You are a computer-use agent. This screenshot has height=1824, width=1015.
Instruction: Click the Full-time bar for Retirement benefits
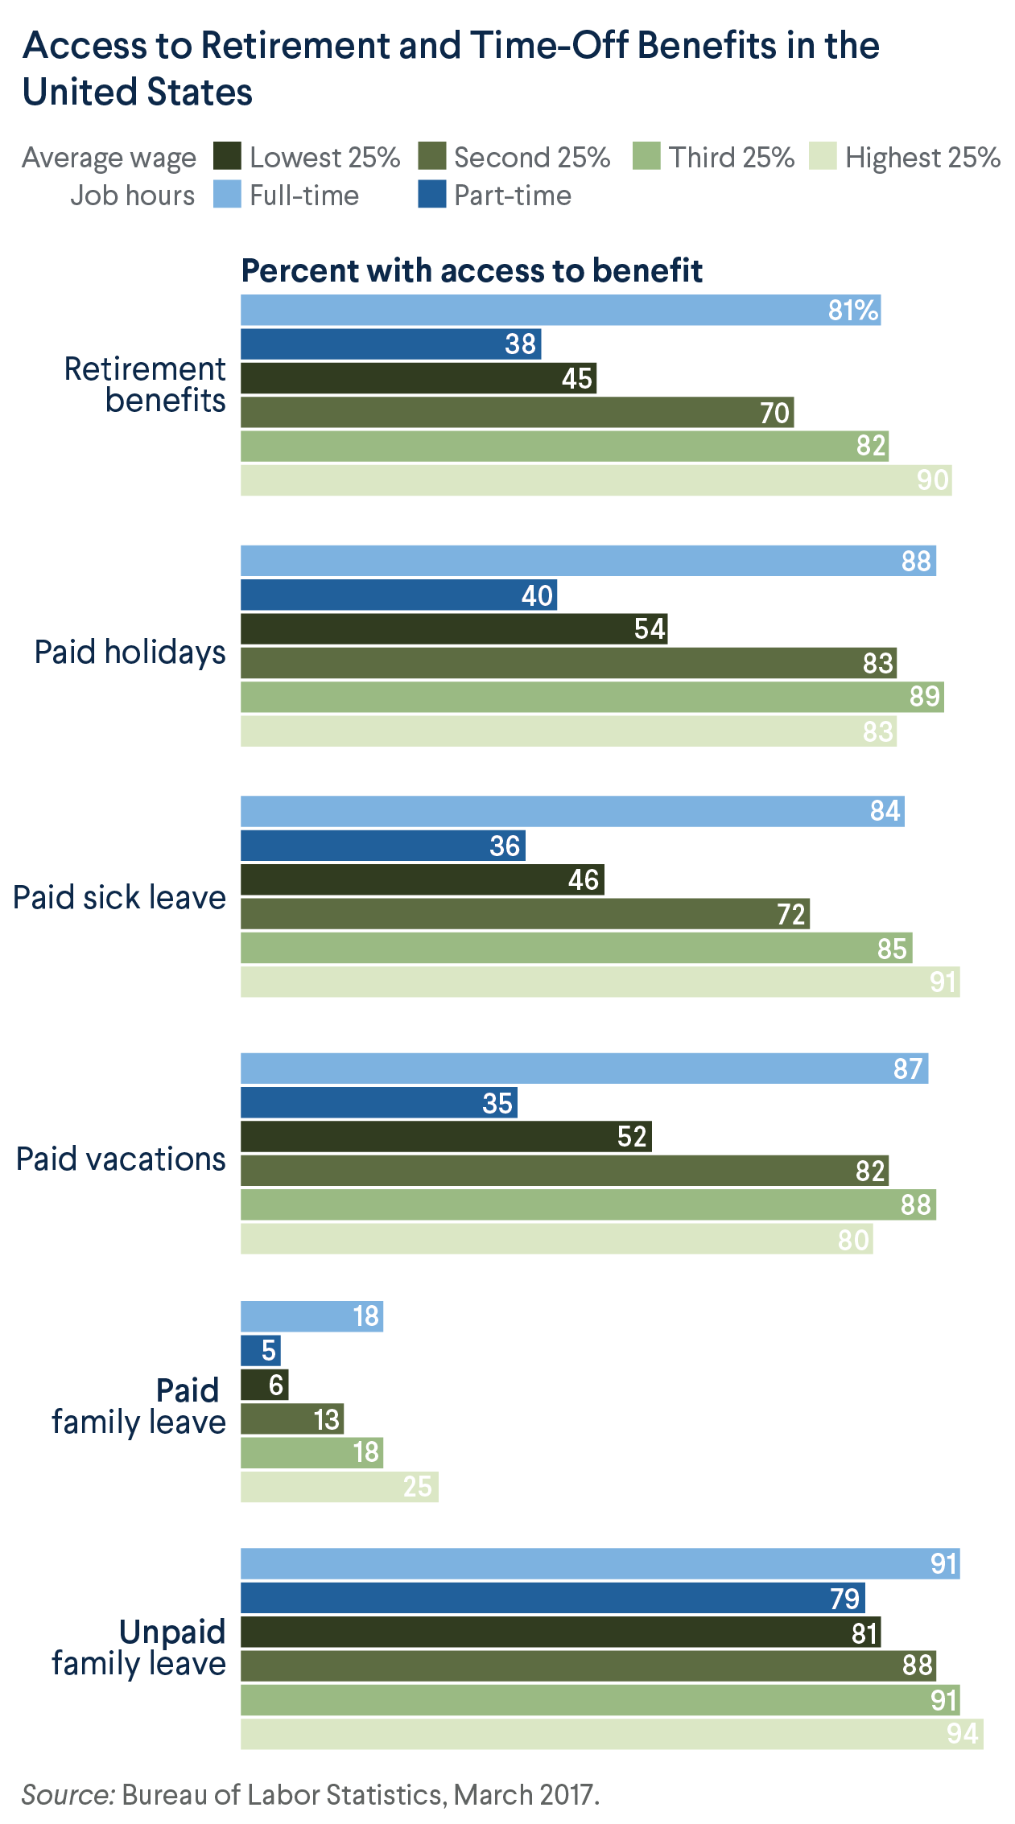click(x=560, y=310)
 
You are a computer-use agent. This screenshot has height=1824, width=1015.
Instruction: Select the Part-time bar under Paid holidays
click(x=398, y=595)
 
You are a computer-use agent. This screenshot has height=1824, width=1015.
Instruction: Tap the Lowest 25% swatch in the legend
click(x=227, y=156)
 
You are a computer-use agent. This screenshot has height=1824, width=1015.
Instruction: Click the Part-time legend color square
click(x=431, y=195)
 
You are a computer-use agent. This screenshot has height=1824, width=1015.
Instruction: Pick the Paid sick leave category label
click(x=119, y=897)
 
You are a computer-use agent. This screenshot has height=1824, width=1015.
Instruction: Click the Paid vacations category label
click(x=121, y=1159)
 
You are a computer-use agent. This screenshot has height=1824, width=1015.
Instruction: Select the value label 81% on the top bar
click(x=852, y=310)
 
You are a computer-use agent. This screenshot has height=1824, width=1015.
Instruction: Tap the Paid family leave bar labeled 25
click(x=339, y=1487)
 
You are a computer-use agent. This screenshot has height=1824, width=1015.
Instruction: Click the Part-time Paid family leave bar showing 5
click(x=261, y=1350)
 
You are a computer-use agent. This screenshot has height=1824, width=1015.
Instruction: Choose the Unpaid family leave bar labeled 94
click(x=612, y=1734)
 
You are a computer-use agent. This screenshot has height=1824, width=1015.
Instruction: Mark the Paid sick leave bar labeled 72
click(x=525, y=914)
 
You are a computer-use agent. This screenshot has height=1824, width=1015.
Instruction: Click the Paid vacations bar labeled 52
click(x=446, y=1137)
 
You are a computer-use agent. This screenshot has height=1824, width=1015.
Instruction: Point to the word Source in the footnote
click(x=69, y=1795)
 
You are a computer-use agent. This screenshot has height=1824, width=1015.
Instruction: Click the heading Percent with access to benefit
click(x=472, y=271)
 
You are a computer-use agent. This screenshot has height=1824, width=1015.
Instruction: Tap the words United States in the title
click(x=138, y=92)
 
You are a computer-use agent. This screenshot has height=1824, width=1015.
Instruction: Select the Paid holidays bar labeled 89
click(x=592, y=697)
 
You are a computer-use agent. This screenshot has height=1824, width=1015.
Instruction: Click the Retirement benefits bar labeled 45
click(x=419, y=378)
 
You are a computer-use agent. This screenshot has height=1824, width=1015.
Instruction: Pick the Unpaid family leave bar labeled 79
click(x=552, y=1598)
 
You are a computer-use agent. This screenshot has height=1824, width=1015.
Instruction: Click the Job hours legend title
click(x=132, y=196)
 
